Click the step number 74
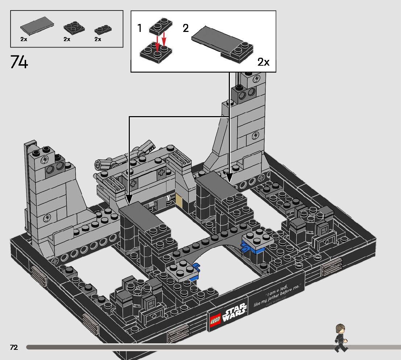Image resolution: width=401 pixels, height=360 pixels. pyautogui.click(x=19, y=62)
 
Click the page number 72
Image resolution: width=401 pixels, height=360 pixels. pyautogui.click(x=14, y=347)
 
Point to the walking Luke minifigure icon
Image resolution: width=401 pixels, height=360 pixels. pyautogui.click(x=340, y=337)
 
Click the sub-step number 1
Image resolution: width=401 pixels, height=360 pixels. pyautogui.click(x=140, y=28)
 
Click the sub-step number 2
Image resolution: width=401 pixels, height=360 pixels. pyautogui.click(x=186, y=28)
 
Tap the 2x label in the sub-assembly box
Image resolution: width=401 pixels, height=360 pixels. pyautogui.click(x=263, y=62)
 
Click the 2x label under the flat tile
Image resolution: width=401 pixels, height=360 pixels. pyautogui.click(x=24, y=39)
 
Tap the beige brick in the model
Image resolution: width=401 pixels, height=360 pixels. pyautogui.click(x=179, y=201)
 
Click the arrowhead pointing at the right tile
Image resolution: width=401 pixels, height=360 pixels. pyautogui.click(x=229, y=177)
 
